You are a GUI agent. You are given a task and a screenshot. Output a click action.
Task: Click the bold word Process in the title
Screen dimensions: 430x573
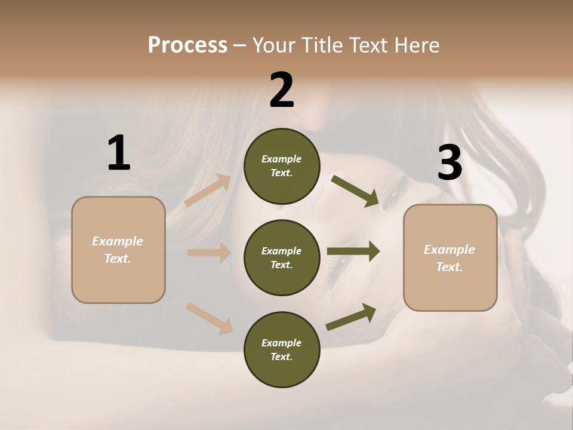pos(187,45)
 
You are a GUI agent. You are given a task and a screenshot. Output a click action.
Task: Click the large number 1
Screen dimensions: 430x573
pos(118,153)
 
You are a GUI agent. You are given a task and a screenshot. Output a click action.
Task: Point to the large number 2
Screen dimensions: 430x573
pos(282,90)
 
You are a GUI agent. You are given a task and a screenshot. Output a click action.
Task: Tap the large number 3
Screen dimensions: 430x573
pos(449,162)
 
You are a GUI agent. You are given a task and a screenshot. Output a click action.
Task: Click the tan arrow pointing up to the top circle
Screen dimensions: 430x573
pos(208,191)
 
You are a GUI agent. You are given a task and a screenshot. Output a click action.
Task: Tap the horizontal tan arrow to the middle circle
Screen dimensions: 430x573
pos(209,253)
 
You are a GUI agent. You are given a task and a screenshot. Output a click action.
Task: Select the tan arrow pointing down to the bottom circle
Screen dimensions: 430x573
pos(209,318)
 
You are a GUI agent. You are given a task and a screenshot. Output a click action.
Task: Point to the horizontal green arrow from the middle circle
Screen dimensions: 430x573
pos(353,251)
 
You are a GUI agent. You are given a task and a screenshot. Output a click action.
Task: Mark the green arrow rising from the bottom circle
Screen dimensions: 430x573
pos(351,317)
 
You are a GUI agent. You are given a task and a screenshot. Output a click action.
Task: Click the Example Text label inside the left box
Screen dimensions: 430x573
pos(118,250)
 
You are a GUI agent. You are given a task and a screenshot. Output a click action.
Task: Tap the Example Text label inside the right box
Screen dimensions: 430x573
pos(449,258)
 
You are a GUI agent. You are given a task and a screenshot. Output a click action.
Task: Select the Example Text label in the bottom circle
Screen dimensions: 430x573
pos(281,349)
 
